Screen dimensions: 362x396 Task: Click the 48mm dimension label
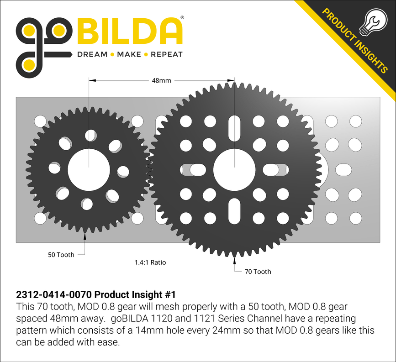point(161,80)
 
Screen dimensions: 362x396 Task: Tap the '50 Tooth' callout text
point(61,255)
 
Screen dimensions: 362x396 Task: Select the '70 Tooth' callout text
point(258,272)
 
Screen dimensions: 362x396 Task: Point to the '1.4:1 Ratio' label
point(150,262)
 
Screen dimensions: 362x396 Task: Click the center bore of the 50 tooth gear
point(89,169)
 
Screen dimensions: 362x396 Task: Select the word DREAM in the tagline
point(92,54)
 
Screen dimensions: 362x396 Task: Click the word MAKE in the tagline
point(129,54)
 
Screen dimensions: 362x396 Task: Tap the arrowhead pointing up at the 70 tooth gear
point(235,261)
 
